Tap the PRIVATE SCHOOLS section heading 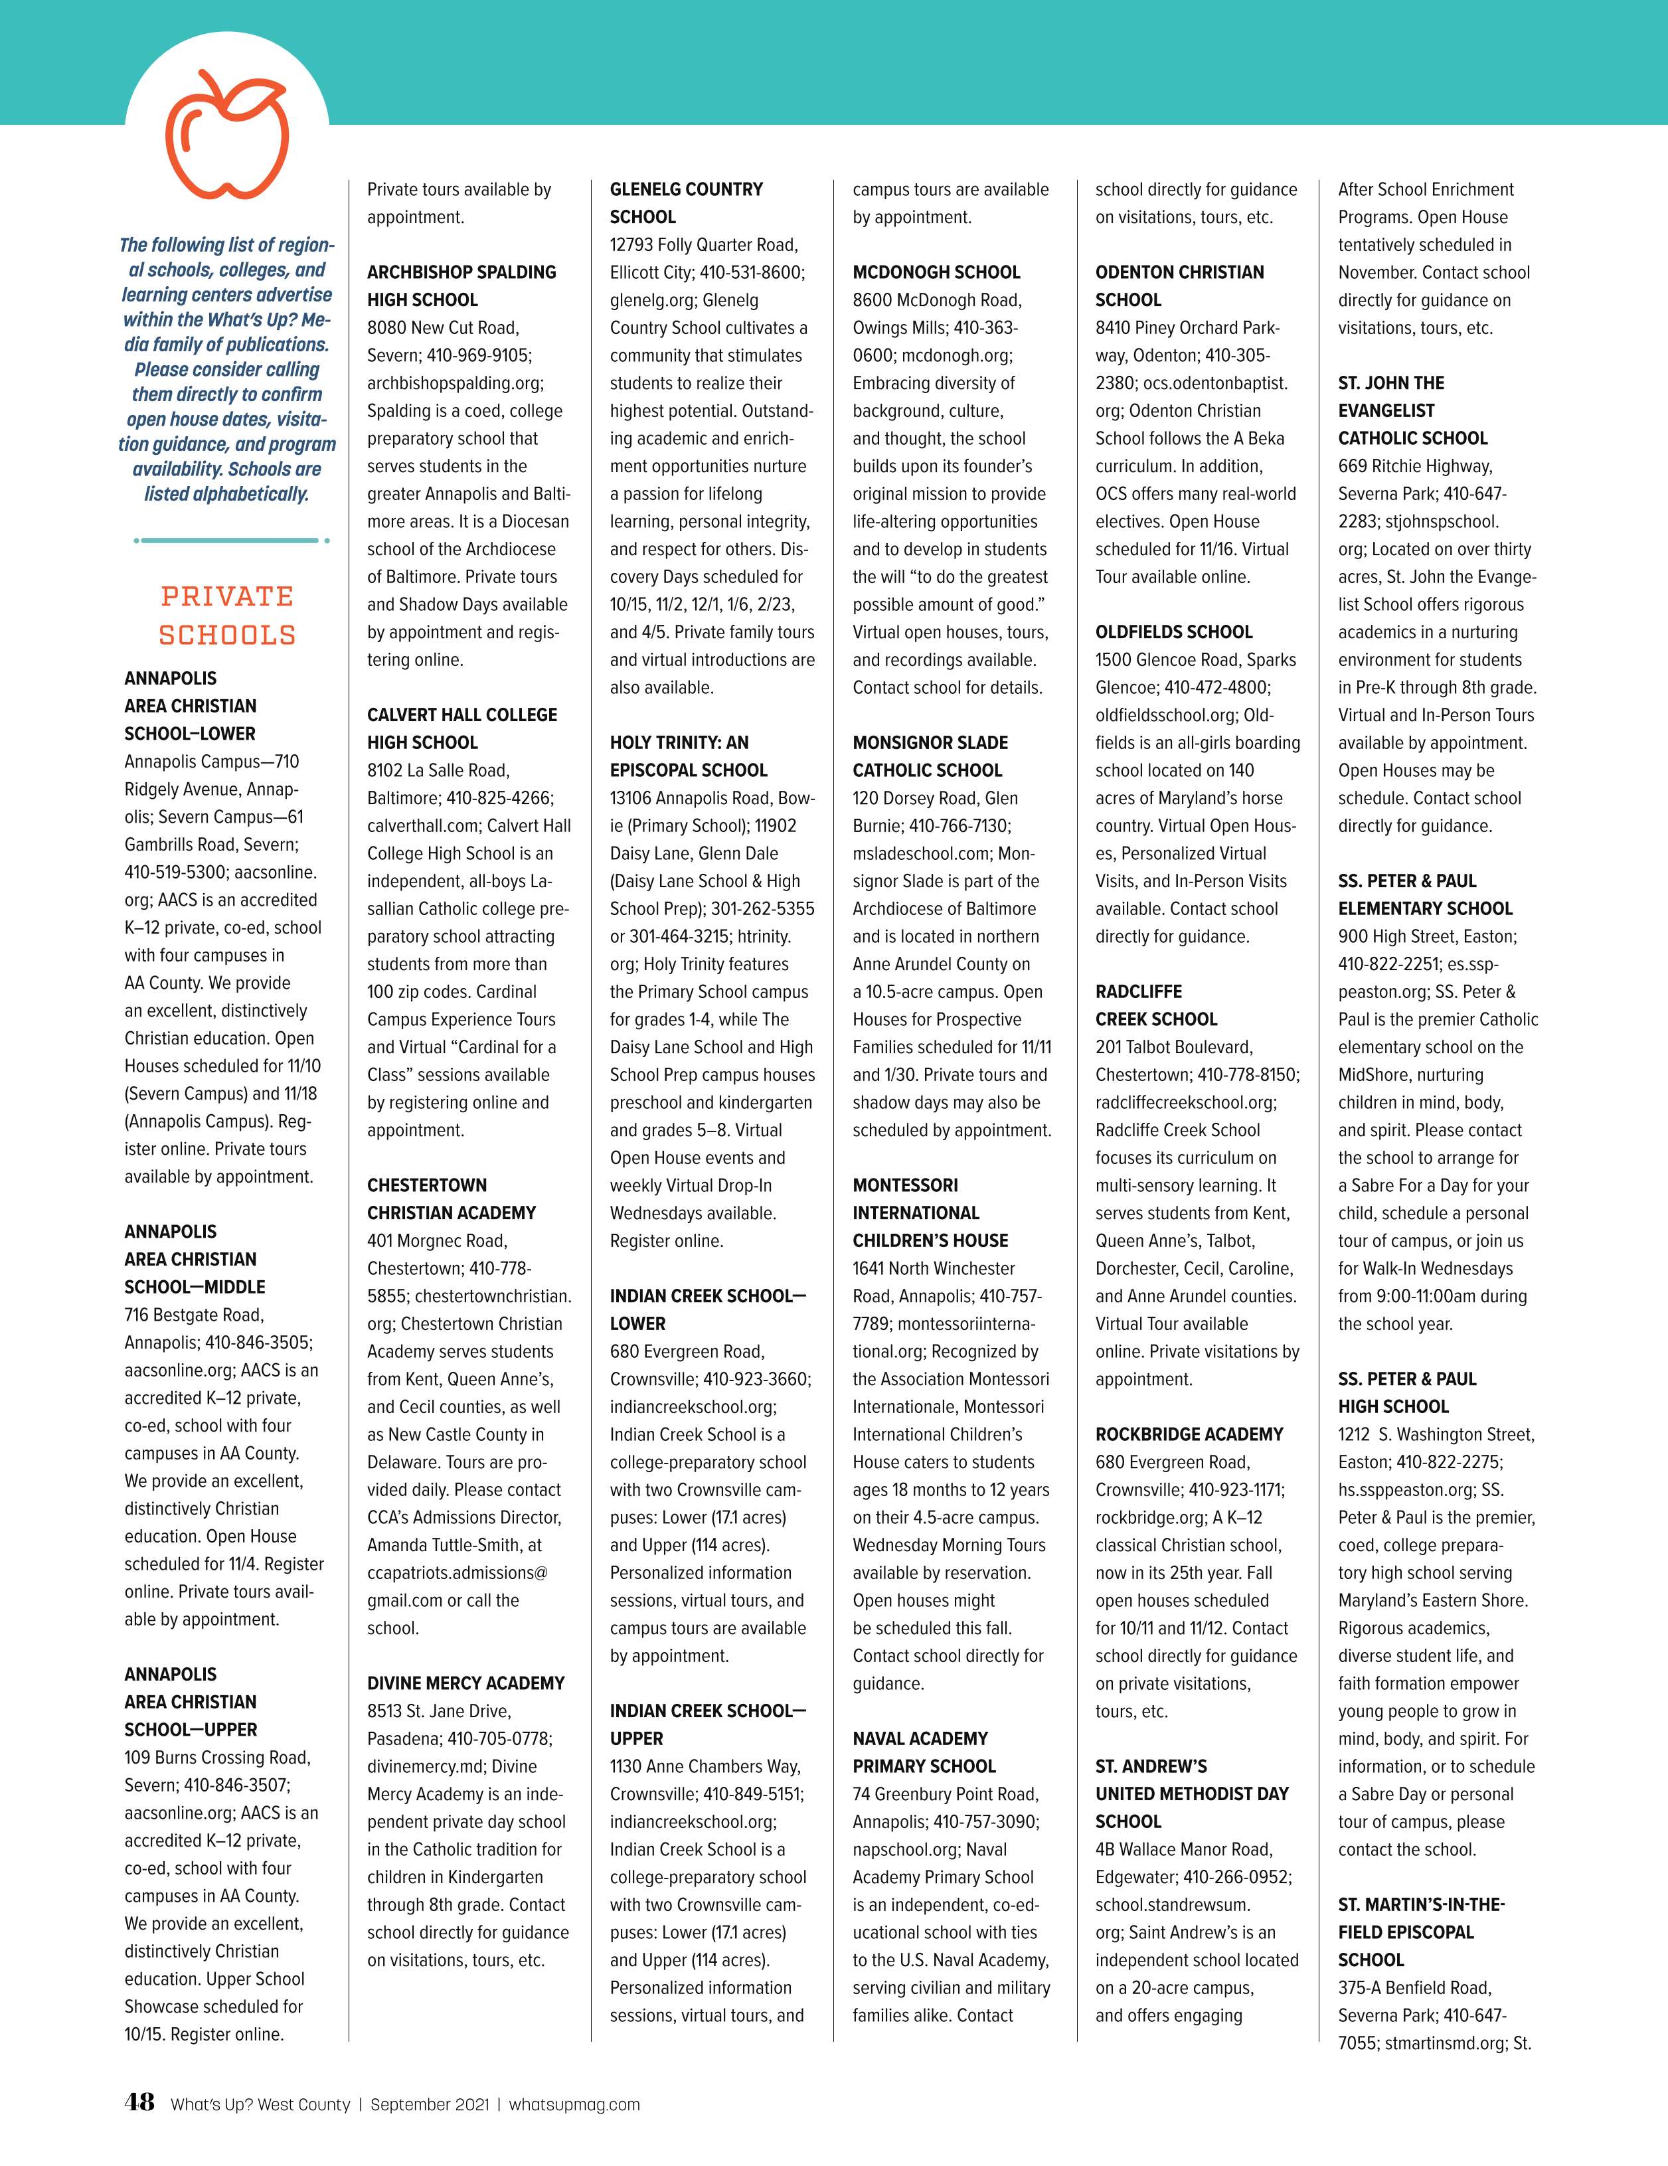(227, 615)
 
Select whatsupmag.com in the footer (574, 2104)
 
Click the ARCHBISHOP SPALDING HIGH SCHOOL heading (461, 286)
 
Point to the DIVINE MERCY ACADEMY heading (465, 1683)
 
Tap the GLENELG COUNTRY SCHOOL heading (686, 203)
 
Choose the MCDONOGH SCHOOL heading (936, 272)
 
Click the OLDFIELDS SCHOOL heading (1173, 631)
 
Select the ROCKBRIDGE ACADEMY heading (1189, 1434)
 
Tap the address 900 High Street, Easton (1427, 936)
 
